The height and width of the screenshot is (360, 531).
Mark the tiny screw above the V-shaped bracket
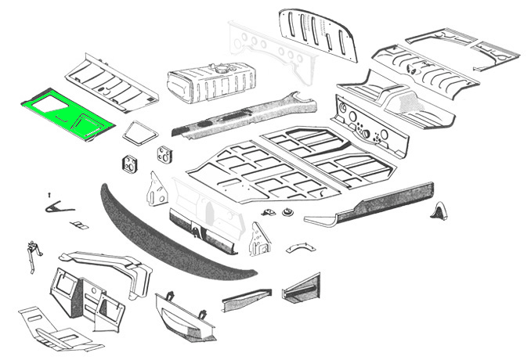pyautogui.click(x=49, y=193)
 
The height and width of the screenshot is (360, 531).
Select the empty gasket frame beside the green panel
pyautogui.click(x=139, y=131)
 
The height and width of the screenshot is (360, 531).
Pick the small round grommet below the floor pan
pyautogui.click(x=287, y=211)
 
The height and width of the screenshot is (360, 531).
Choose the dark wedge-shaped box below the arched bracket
pyautogui.click(x=302, y=288)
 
